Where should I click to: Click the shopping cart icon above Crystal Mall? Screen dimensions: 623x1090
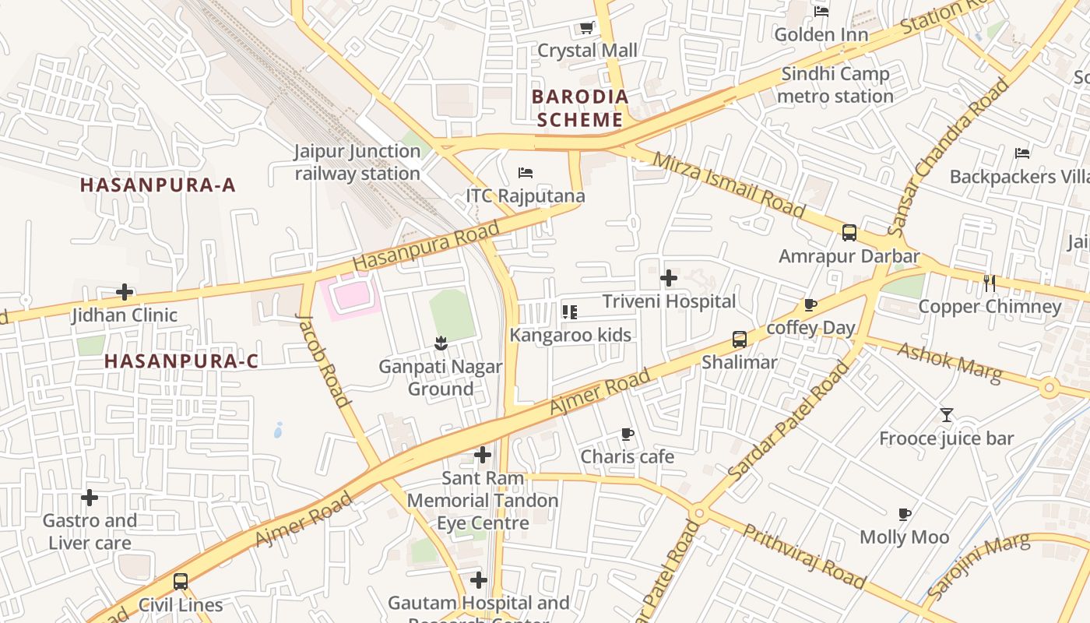point(586,28)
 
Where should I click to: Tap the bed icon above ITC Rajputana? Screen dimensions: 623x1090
point(526,172)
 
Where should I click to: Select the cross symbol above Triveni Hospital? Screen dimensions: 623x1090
point(668,278)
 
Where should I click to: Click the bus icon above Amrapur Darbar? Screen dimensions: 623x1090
point(849,233)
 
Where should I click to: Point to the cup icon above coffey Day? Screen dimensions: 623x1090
point(810,304)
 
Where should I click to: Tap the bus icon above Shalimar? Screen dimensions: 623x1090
point(739,340)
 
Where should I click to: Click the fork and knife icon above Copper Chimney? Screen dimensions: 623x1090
point(990,283)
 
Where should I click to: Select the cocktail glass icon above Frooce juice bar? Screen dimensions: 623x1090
point(946,415)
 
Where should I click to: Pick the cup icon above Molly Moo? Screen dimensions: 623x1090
point(904,514)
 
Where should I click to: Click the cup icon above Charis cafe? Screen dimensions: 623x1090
point(627,434)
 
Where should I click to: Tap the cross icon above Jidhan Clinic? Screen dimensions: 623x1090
point(125,292)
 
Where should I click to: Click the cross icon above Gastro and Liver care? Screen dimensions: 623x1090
point(90,497)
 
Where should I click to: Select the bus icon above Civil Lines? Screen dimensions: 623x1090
point(180,581)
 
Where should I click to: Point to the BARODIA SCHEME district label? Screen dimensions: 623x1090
point(580,108)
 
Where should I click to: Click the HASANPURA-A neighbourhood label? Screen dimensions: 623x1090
point(157,185)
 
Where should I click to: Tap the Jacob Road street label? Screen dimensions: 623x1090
point(322,360)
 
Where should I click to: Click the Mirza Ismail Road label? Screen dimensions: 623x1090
point(729,185)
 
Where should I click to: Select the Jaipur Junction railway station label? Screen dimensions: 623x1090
point(357,162)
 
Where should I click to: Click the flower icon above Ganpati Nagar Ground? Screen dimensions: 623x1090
point(440,343)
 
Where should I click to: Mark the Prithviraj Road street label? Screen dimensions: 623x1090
point(804,556)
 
